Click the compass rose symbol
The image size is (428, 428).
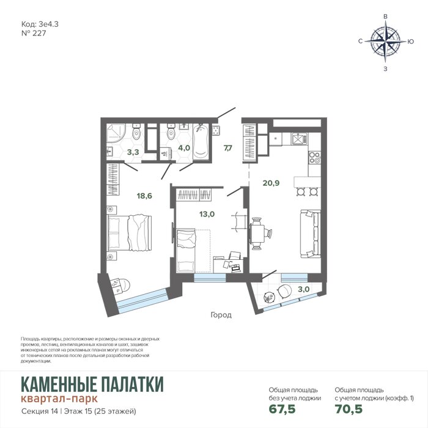[x=385, y=42]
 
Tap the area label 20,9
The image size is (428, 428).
[x=271, y=183]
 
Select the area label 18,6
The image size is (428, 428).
[x=144, y=196]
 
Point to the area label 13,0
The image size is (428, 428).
[x=207, y=214]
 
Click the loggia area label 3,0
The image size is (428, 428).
[x=303, y=289]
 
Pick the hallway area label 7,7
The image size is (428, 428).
[x=228, y=148]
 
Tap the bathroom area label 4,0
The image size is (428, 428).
[x=184, y=148]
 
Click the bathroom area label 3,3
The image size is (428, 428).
[x=133, y=152]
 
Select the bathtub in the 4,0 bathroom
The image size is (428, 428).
[x=201, y=141]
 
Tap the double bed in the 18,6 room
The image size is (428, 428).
[x=130, y=233]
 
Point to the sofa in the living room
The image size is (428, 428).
[x=311, y=234]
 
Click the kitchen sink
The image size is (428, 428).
[x=300, y=138]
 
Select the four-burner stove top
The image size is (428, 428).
[x=314, y=158]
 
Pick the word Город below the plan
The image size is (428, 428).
[x=221, y=315]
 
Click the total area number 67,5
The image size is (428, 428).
[x=282, y=409]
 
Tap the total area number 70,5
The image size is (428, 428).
[x=349, y=409]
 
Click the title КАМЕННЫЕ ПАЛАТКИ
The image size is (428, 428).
[x=92, y=384]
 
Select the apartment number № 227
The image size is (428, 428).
[x=34, y=33]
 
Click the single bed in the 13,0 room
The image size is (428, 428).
[x=186, y=251]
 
